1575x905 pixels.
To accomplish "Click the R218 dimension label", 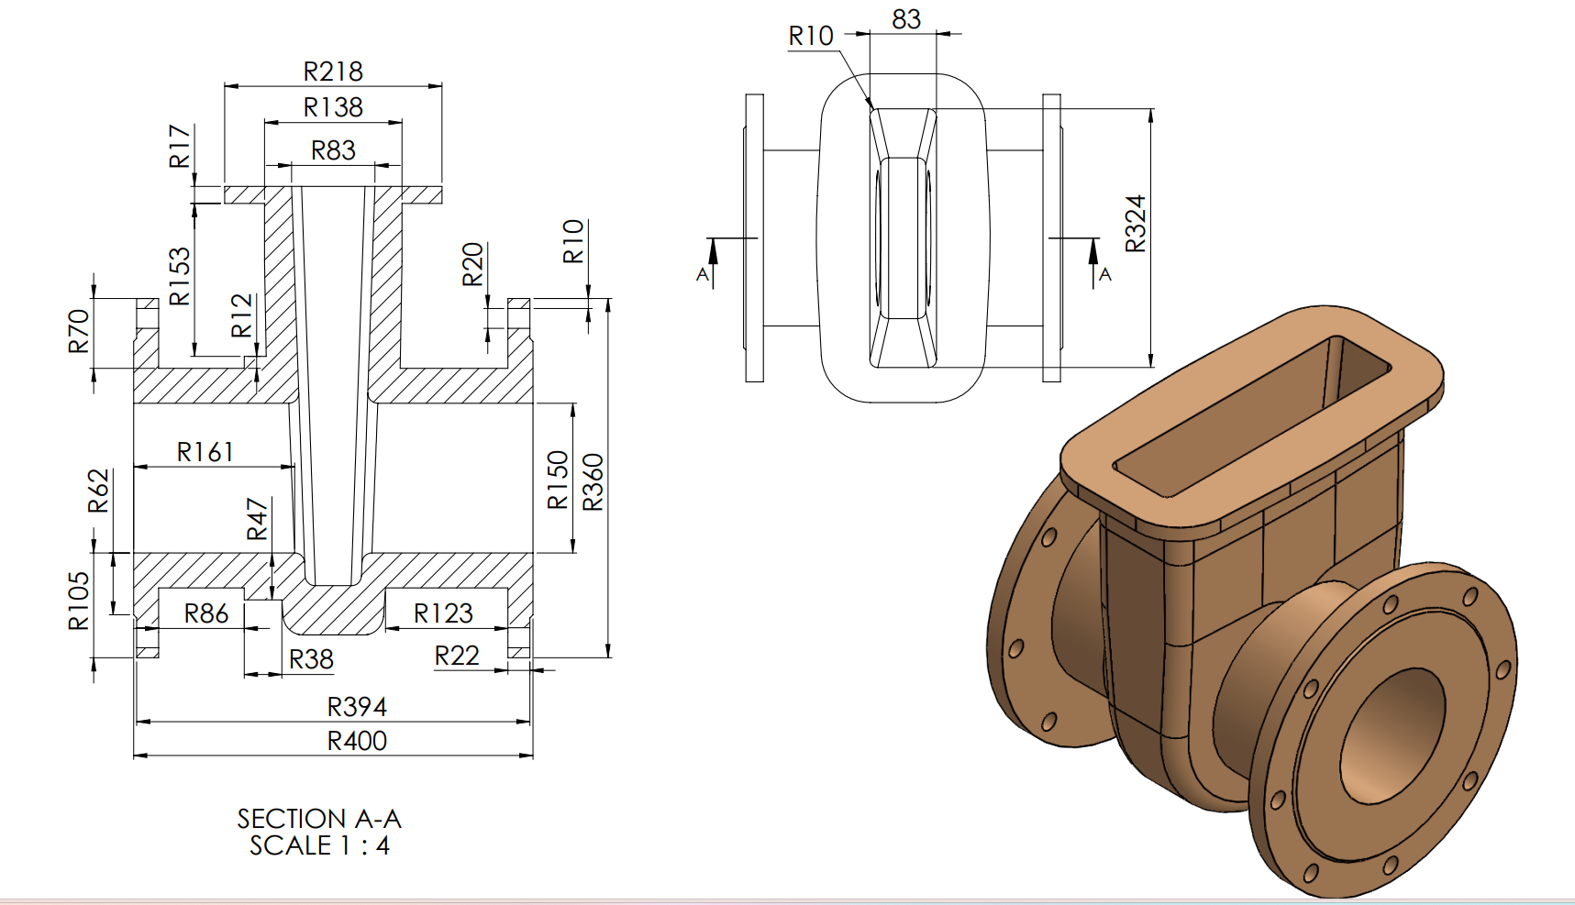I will pos(333,72).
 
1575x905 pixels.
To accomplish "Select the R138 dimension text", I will pos(333,107).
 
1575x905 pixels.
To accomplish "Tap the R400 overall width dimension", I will pos(357,741).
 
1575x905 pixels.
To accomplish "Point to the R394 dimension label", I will pos(357,707).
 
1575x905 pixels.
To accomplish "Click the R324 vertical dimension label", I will pos(1136,224).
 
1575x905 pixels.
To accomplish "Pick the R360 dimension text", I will pos(593,482).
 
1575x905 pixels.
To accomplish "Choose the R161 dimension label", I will pos(205,452).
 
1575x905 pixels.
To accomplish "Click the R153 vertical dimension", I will pos(180,276).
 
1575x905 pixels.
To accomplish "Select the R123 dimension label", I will pos(443,613).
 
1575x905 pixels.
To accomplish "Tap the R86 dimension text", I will pos(206,613).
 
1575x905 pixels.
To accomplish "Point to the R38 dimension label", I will pos(311,659).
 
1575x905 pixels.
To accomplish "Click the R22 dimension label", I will pos(457,656).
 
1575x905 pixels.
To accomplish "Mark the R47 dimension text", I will pos(258,519).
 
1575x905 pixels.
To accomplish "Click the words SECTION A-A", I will pos(319,818).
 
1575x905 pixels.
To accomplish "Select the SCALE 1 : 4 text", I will pos(319,845).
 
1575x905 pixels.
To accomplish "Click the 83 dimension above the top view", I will pos(905,19).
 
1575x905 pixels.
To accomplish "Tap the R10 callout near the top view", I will pos(811,36).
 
